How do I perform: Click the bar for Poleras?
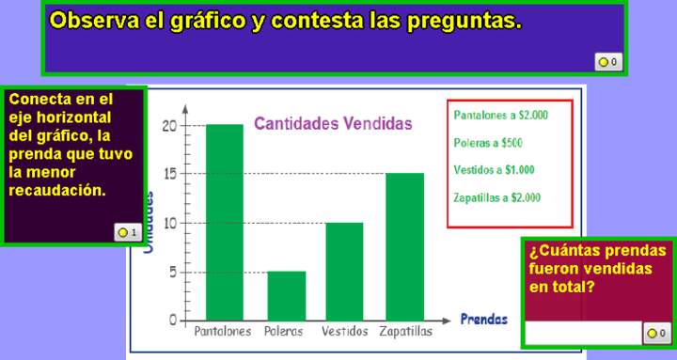[286, 295]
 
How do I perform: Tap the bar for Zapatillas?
[404, 246]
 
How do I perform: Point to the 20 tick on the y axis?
[169, 125]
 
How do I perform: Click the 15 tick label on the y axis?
[169, 174]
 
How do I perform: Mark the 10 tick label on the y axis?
[169, 223]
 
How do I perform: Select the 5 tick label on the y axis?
[172, 272]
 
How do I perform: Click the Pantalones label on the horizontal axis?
[223, 332]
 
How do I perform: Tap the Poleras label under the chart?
[284, 332]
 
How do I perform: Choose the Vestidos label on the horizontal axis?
[344, 332]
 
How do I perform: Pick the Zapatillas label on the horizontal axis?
[405, 332]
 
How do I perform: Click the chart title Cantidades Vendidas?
[333, 123]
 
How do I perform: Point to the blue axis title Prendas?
[483, 320]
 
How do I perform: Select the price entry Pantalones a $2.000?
[500, 116]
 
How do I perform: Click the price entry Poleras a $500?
[487, 143]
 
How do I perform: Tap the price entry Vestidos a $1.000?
[494, 170]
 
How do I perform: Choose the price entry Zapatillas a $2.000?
[496, 197]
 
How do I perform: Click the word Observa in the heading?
[94, 21]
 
